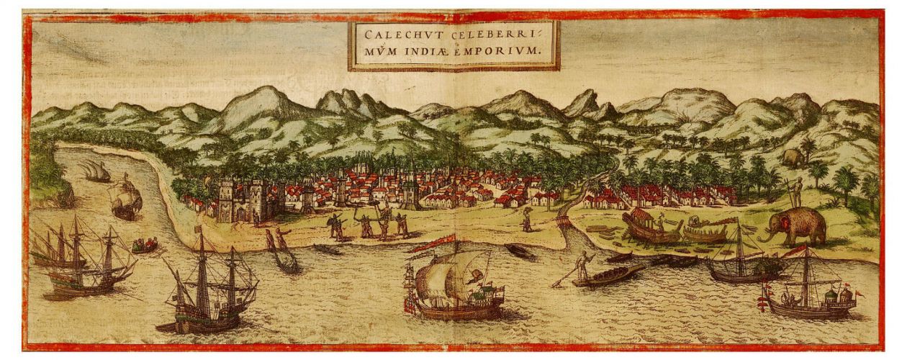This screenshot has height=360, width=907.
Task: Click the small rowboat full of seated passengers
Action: tap(145, 245)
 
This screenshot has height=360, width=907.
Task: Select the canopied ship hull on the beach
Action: tap(651, 226)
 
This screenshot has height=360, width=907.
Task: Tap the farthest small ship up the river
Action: tap(96, 171)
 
